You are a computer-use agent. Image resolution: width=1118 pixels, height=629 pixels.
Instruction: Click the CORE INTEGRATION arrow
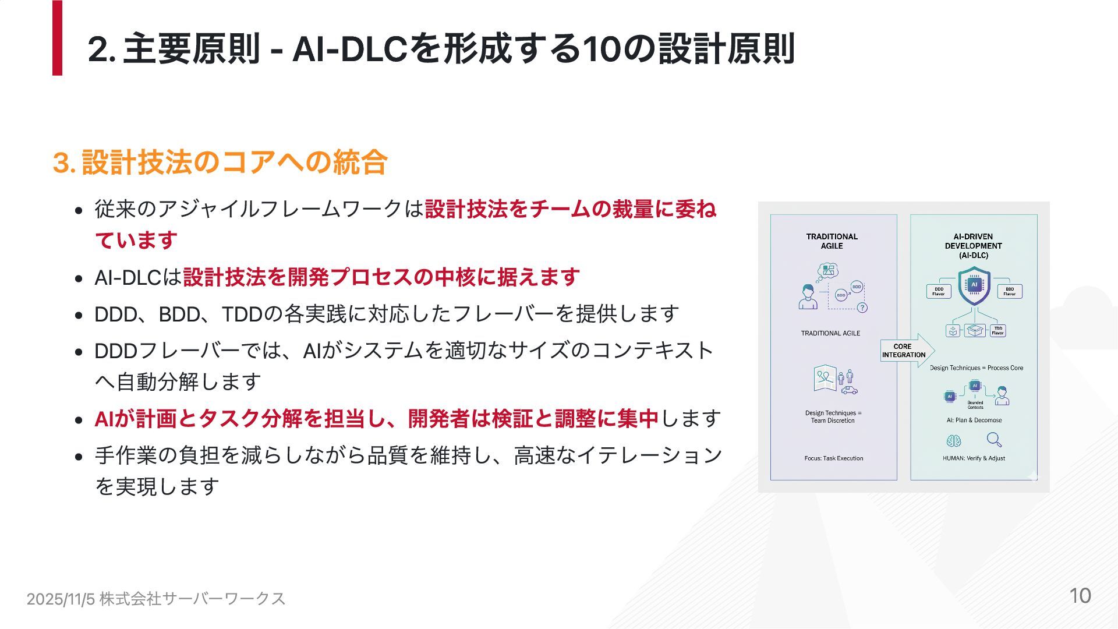click(x=907, y=351)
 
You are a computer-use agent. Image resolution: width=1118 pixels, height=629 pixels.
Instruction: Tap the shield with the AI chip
click(x=974, y=286)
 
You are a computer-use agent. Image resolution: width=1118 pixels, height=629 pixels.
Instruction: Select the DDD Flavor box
click(x=939, y=291)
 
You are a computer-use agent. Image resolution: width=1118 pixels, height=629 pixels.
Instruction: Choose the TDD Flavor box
click(x=997, y=331)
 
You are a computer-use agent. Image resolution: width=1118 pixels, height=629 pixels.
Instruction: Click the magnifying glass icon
click(x=995, y=440)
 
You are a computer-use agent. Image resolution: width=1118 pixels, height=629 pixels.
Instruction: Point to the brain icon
click(x=953, y=441)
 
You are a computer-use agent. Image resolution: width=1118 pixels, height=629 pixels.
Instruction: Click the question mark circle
click(x=862, y=308)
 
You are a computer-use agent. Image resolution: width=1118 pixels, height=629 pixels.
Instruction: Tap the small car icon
click(x=849, y=390)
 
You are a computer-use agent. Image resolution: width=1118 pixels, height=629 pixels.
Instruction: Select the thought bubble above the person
click(x=827, y=270)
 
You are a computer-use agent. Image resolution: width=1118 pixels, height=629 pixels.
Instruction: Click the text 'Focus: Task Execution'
click(x=833, y=458)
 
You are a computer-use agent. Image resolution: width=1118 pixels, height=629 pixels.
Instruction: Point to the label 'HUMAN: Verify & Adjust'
click(x=974, y=458)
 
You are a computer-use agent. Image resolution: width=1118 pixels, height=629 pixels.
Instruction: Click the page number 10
click(x=1080, y=596)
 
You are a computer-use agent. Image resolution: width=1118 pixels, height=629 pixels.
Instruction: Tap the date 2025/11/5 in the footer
click(x=61, y=599)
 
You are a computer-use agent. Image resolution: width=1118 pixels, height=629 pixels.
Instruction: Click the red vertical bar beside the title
click(x=57, y=38)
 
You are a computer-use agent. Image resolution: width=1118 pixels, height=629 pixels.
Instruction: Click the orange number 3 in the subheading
click(x=61, y=162)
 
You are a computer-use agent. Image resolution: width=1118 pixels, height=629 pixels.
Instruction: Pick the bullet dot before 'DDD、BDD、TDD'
click(x=79, y=316)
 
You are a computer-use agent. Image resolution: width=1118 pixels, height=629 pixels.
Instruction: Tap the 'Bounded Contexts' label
click(x=975, y=405)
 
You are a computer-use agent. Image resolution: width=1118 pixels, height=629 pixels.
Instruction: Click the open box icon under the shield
click(x=975, y=331)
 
